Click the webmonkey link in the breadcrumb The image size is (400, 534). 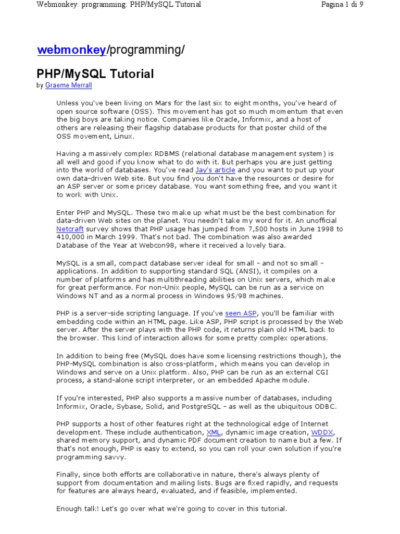pyautogui.click(x=71, y=50)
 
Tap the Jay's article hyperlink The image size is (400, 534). pyautogui.click(x=215, y=170)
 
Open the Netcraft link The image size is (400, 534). pyautogui.click(x=70, y=229)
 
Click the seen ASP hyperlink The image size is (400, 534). pyautogui.click(x=241, y=313)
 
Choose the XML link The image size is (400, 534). pyautogui.click(x=214, y=432)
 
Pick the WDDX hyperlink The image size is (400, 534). pyautogui.click(x=322, y=432)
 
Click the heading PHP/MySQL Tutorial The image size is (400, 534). pyautogui.click(x=95, y=74)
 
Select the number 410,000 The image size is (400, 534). pyautogui.click(x=70, y=237)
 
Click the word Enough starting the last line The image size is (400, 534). pyautogui.click(x=70, y=508)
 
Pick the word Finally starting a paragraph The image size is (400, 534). pyautogui.click(x=69, y=475)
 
